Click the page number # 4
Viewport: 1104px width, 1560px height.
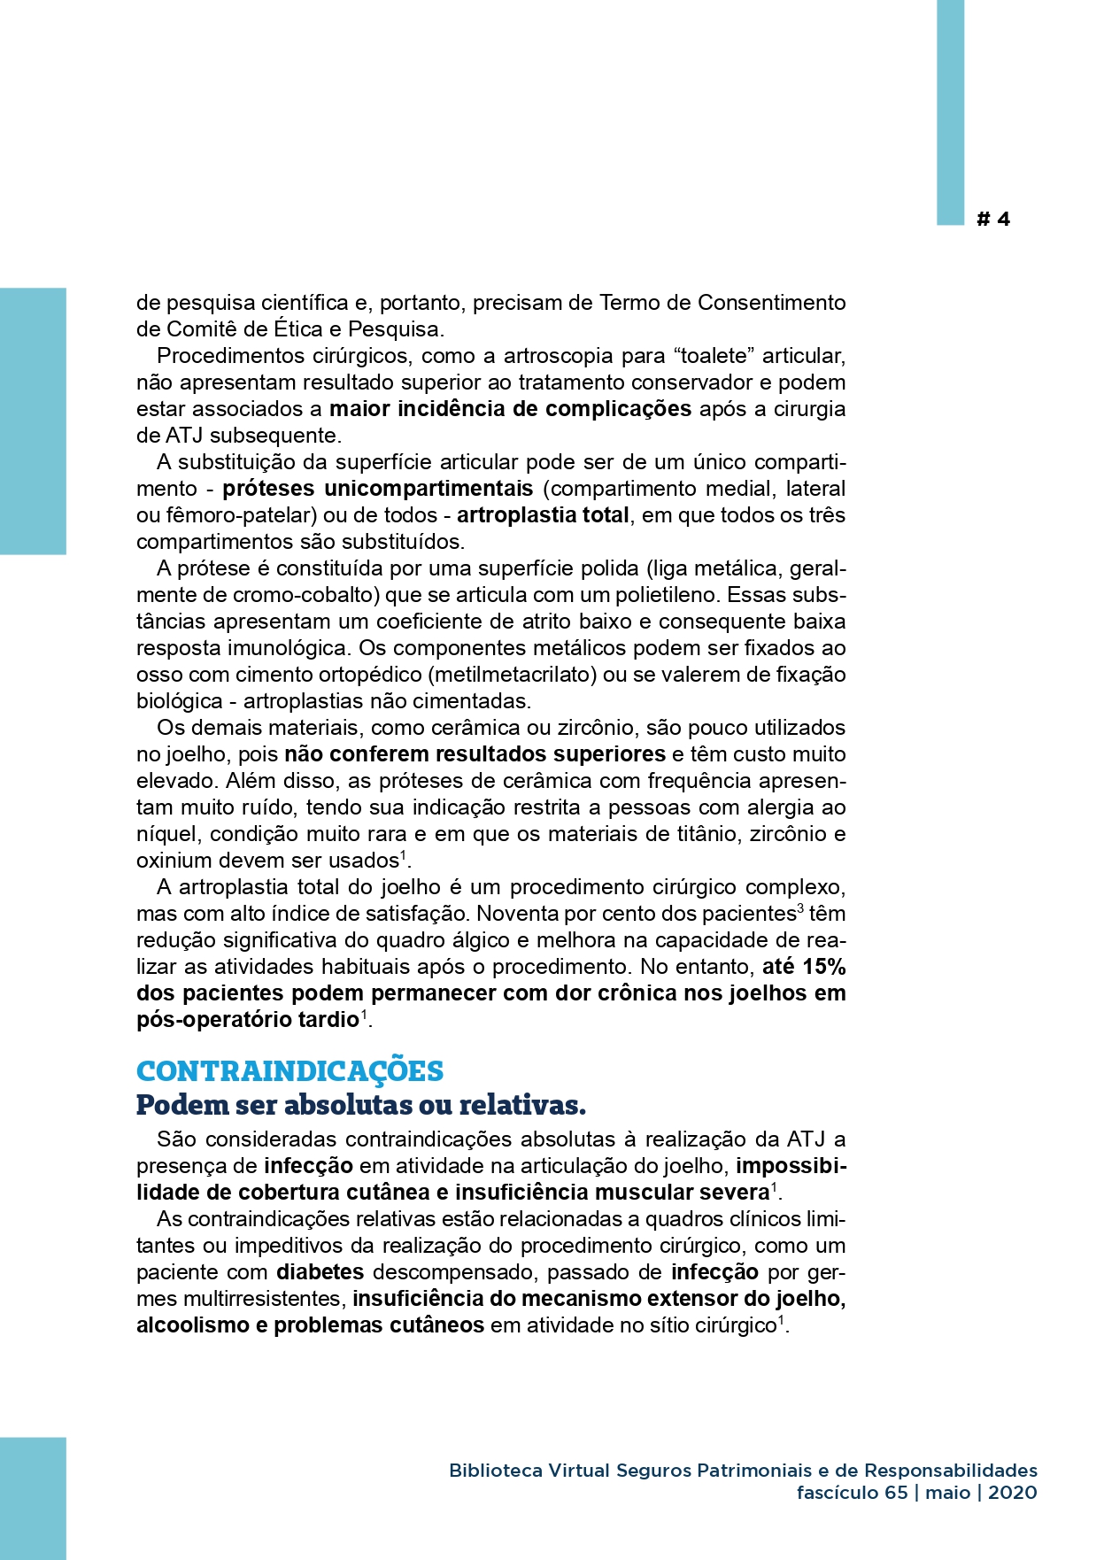[x=992, y=219]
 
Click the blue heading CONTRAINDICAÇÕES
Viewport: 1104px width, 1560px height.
[x=290, y=1070]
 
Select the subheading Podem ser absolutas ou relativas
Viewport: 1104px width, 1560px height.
[x=360, y=1105]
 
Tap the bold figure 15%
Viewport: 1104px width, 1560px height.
[x=823, y=966]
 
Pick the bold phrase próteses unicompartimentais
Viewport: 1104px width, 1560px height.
[x=377, y=488]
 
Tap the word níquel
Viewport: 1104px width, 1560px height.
[x=169, y=833]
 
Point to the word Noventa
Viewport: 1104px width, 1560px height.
[x=517, y=913]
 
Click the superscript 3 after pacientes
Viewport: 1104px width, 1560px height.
[x=800, y=908]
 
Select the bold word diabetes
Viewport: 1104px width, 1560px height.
[x=320, y=1271]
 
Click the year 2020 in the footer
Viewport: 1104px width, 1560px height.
[x=1012, y=1492]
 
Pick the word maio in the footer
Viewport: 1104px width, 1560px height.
[x=948, y=1492]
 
